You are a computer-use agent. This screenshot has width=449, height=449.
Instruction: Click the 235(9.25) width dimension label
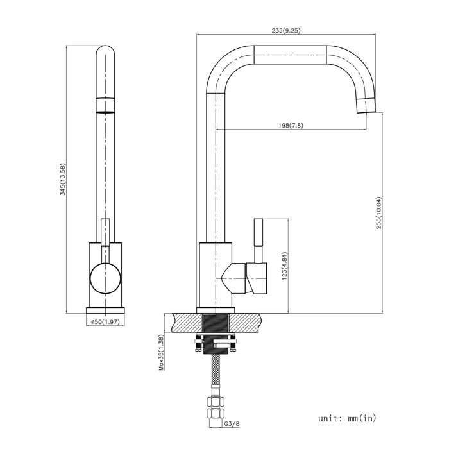tap(286, 30)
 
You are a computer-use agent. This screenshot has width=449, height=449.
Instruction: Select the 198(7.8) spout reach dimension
tap(291, 126)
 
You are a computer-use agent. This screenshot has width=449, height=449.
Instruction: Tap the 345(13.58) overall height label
tap(62, 179)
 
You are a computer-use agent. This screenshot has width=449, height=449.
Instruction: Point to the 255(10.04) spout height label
tap(379, 212)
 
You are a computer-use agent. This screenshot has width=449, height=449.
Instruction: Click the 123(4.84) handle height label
tap(285, 266)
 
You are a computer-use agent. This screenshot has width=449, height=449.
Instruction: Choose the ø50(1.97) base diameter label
tap(105, 321)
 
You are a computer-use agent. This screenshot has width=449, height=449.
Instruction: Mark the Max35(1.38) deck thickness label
tap(162, 353)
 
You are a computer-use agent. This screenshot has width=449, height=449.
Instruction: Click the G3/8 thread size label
tap(232, 423)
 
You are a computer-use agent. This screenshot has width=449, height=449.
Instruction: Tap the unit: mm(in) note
tap(347, 418)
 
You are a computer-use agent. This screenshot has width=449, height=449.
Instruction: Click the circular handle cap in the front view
tap(105, 278)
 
